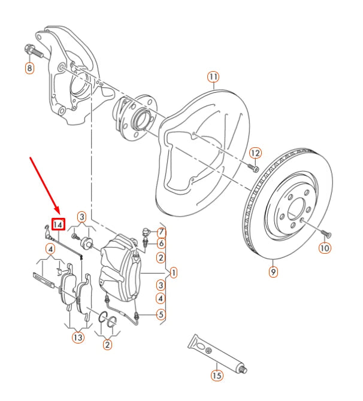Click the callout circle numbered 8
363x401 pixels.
point(29,68)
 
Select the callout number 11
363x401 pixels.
point(214,77)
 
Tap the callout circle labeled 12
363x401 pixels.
point(255,153)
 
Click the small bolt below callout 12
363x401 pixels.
point(253,168)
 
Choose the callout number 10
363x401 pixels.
point(324,247)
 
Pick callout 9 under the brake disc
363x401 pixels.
point(273,272)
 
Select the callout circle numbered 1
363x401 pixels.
point(173,273)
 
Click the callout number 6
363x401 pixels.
point(161,244)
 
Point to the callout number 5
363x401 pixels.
point(161,314)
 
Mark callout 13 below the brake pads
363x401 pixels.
point(78,338)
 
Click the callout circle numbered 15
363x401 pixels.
point(216,376)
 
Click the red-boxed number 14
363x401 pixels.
point(58,224)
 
